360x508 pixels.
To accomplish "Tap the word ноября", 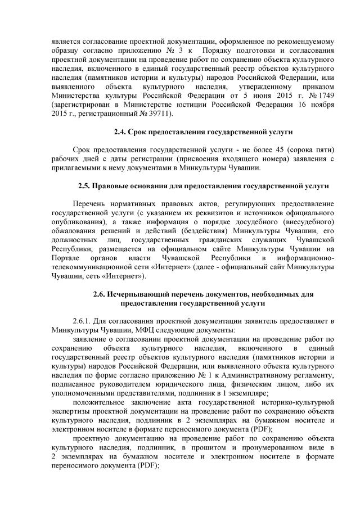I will tap(322, 105).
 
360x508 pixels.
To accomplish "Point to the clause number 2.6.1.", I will tap(85, 320).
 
